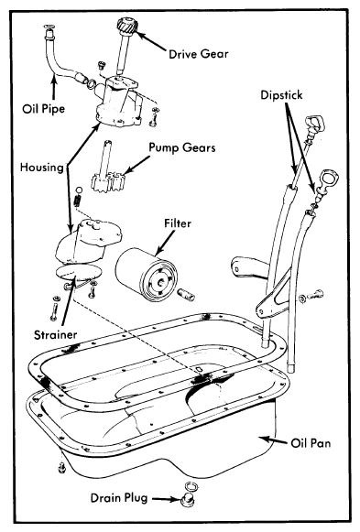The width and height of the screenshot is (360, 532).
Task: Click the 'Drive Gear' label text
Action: tap(199, 54)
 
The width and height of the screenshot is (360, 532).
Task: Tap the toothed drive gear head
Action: tap(125, 26)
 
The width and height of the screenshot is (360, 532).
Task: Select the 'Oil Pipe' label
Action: tap(43, 109)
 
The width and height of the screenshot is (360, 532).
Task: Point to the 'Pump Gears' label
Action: tap(182, 147)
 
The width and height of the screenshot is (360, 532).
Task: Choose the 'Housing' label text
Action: tap(42, 168)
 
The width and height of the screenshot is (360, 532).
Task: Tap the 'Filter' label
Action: tap(178, 223)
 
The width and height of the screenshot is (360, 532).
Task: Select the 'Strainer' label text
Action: tap(55, 335)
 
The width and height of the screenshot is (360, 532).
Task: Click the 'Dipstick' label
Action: tap(281, 95)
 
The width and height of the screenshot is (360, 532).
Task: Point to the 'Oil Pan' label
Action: tap(311, 443)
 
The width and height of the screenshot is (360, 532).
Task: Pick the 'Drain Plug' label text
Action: tap(119, 498)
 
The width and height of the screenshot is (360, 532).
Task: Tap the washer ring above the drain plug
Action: tap(191, 486)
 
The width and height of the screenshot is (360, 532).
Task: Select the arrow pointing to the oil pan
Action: tap(274, 440)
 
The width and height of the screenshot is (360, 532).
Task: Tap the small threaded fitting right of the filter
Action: tap(186, 294)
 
